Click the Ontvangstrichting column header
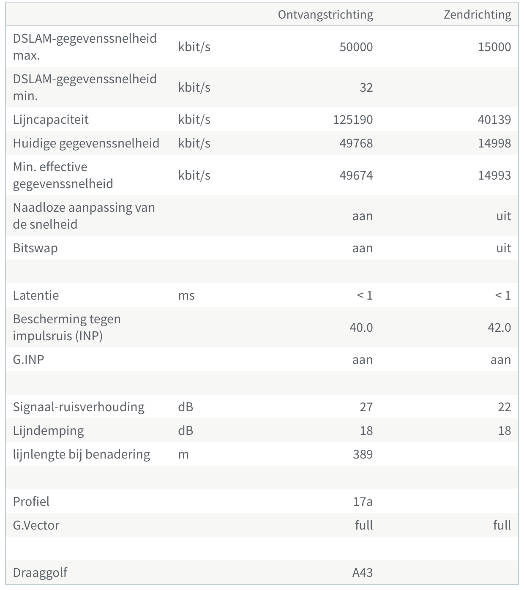tap(325, 15)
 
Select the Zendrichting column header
tap(477, 15)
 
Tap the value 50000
tap(356, 47)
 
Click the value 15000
tap(494, 47)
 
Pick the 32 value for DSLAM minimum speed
tap(366, 87)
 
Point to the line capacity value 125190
tap(352, 120)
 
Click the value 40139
tap(494, 120)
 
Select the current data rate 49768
tap(356, 143)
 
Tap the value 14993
tap(494, 175)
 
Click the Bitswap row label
tap(35, 248)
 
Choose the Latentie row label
tap(36, 295)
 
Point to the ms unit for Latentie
tap(186, 295)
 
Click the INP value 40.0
tap(361, 328)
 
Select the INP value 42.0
tap(499, 328)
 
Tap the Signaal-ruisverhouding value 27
tap(366, 407)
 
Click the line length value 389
tap(363, 454)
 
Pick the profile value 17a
tap(363, 502)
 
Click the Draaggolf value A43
tap(363, 573)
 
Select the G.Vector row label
tap(36, 525)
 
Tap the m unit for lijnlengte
tap(183, 454)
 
